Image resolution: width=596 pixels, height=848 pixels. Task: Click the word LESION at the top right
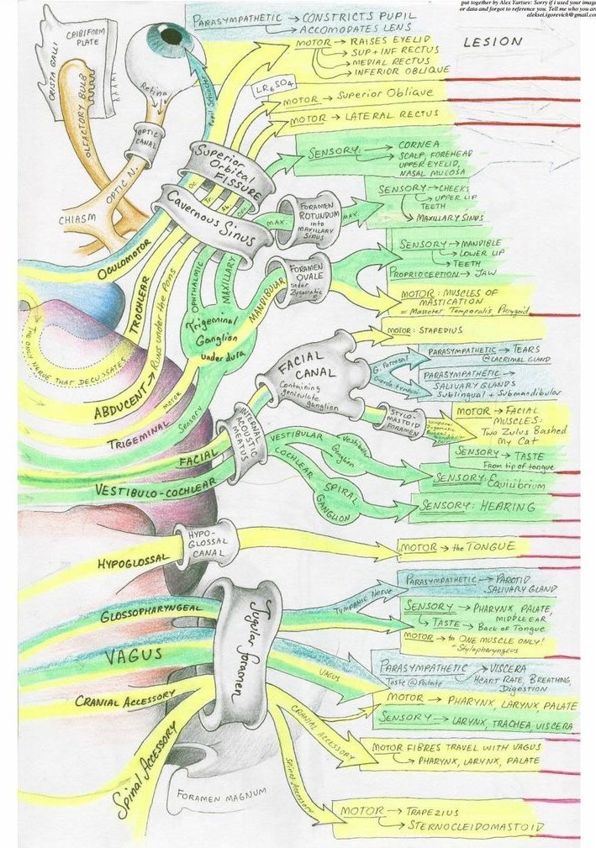pos(492,40)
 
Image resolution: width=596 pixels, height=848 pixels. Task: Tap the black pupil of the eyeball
pos(171,36)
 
